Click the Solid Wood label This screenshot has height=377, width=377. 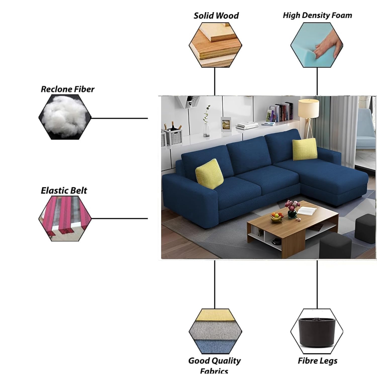click(x=216, y=16)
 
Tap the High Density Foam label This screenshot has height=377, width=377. click(x=317, y=15)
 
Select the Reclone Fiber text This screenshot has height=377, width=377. click(x=67, y=89)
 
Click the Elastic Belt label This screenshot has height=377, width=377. click(x=64, y=191)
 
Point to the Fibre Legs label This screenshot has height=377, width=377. click(x=317, y=361)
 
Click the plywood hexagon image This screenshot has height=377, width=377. click(x=215, y=45)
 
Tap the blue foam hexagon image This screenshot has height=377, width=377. click(x=317, y=45)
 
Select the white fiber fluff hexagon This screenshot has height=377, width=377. click(x=65, y=117)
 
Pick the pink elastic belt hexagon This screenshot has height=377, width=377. click(x=65, y=218)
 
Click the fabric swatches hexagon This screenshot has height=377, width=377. click(x=215, y=331)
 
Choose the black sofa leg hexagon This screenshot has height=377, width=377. click(x=317, y=331)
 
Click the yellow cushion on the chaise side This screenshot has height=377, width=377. click(x=305, y=149)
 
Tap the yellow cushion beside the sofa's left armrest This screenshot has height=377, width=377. click(x=209, y=174)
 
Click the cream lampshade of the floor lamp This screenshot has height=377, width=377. click(x=308, y=108)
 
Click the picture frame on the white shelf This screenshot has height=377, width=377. click(x=226, y=124)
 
